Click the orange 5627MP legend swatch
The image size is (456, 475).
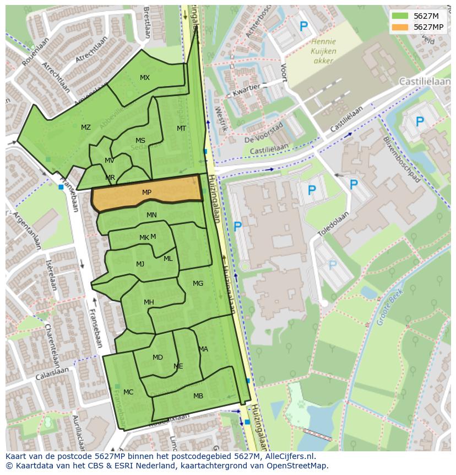click(x=400, y=27)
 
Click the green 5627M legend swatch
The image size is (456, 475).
click(x=400, y=15)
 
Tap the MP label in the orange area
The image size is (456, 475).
click(x=146, y=193)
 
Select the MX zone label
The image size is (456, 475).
click(x=144, y=78)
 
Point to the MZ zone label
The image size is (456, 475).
click(x=85, y=127)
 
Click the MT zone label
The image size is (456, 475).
click(x=181, y=129)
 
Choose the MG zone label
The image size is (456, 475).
click(x=198, y=284)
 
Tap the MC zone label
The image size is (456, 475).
click(x=128, y=392)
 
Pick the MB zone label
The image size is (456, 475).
click(x=198, y=396)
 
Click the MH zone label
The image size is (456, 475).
click(x=149, y=302)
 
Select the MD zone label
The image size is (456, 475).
click(x=158, y=357)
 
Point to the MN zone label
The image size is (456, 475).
click(x=151, y=215)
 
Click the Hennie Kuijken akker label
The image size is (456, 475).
click(x=323, y=51)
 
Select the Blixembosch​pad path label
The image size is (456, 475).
click(x=401, y=159)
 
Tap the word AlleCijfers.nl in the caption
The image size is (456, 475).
click(x=288, y=456)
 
